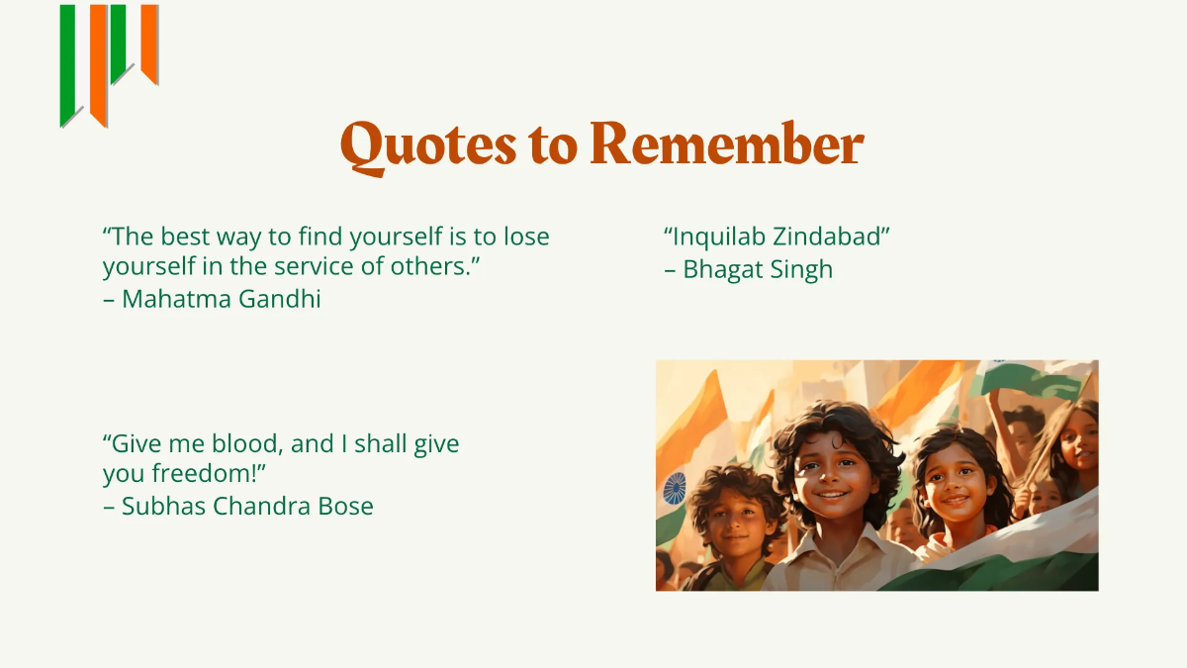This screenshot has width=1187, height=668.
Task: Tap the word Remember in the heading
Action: (x=727, y=144)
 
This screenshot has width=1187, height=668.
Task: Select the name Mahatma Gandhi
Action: (x=222, y=299)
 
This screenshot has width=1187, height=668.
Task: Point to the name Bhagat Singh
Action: (x=758, y=269)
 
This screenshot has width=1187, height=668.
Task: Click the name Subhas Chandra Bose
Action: (x=247, y=507)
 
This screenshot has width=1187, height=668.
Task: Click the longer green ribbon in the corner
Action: (x=68, y=64)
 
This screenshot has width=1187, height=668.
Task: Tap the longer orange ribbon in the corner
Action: (x=98, y=64)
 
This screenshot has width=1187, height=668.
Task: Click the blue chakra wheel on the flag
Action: (x=675, y=487)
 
